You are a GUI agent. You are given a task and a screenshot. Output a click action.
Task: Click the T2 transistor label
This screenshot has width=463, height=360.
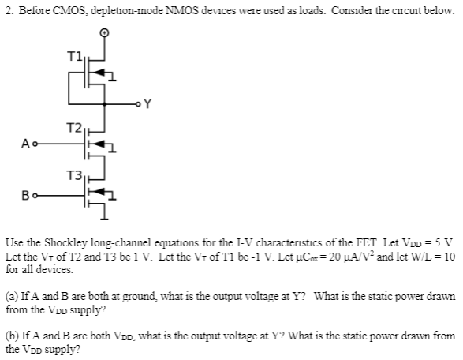pos(73,127)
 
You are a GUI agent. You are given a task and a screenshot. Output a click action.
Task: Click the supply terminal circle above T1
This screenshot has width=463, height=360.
pos(103,33)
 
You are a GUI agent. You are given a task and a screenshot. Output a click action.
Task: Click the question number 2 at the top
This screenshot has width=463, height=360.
pos(6,7)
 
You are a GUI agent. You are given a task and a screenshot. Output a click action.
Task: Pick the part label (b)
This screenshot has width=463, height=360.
pos(12,335)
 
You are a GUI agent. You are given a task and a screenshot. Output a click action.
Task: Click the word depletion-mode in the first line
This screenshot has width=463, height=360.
pos(128,7)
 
